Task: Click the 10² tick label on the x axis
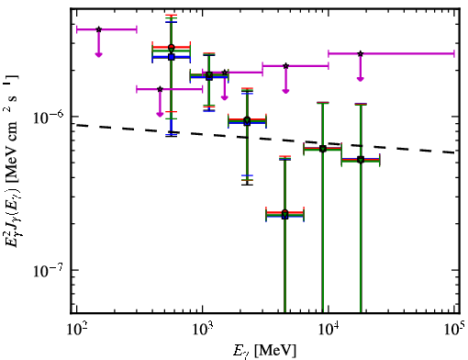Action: click(x=76, y=329)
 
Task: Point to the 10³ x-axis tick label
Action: click(x=203, y=329)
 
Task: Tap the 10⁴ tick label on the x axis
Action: click(x=329, y=329)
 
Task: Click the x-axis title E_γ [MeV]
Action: click(x=264, y=351)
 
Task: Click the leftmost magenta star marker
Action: click(x=98, y=29)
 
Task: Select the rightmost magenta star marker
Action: click(x=361, y=53)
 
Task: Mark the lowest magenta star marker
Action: click(x=160, y=89)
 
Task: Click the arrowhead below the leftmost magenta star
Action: click(x=98, y=54)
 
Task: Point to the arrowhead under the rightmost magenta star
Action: click(x=361, y=79)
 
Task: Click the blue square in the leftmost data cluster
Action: click(x=172, y=57)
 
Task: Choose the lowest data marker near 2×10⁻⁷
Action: click(x=284, y=216)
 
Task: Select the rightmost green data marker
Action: click(x=361, y=160)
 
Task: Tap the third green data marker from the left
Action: click(x=247, y=119)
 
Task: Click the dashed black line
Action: click(x=265, y=139)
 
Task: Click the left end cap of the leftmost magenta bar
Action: click(x=76, y=29)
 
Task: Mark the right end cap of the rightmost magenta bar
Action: click(x=454, y=53)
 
